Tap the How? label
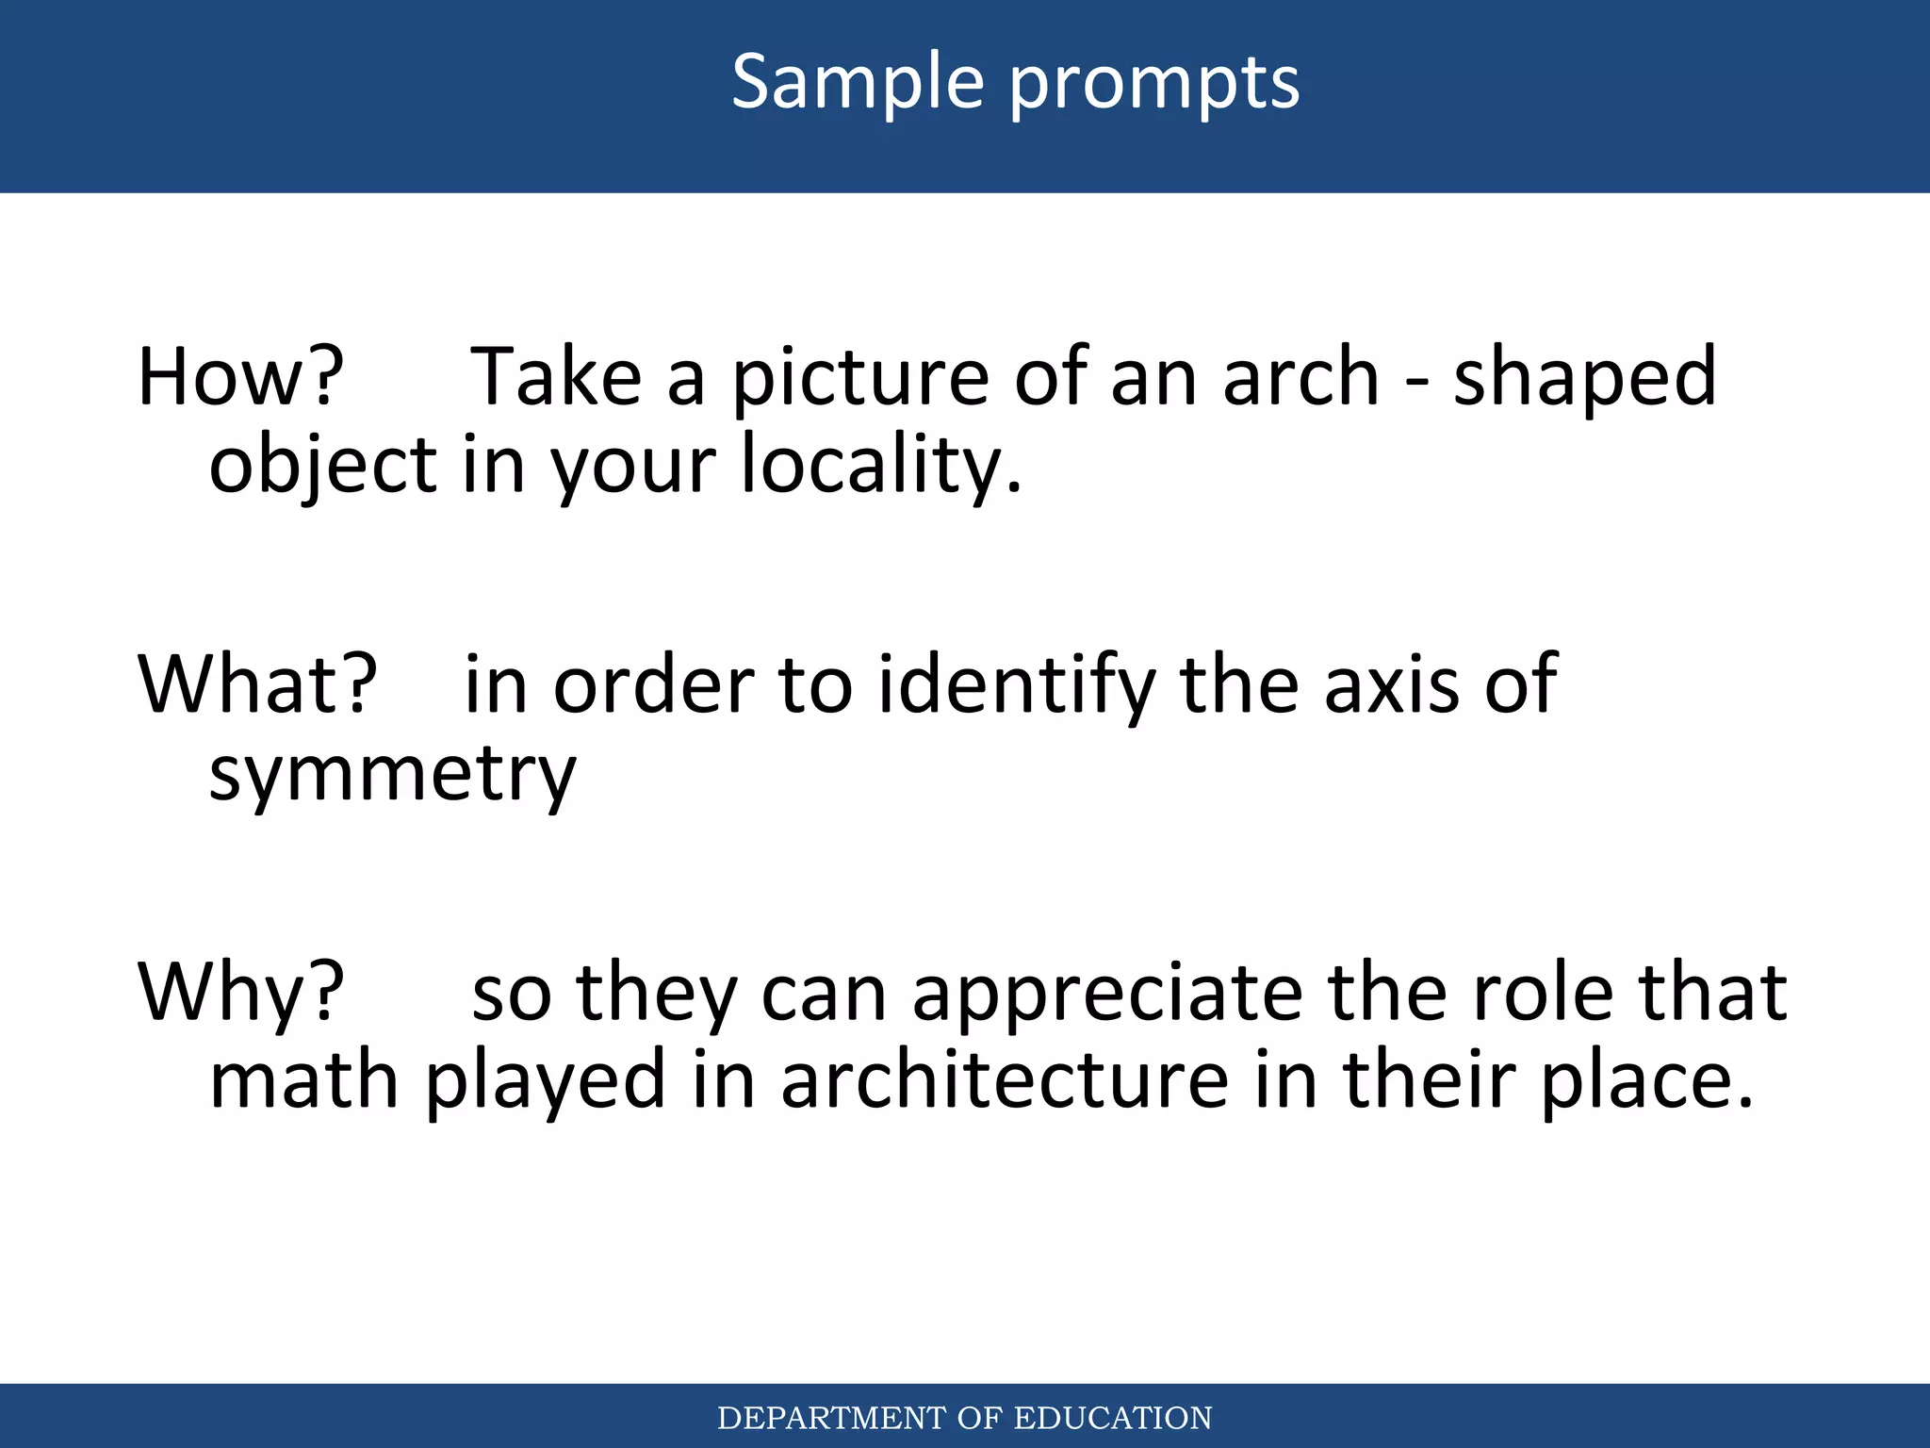[x=240, y=377]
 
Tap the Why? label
[x=240, y=992]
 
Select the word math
[x=303, y=1079]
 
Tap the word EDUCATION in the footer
[x=1112, y=1418]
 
